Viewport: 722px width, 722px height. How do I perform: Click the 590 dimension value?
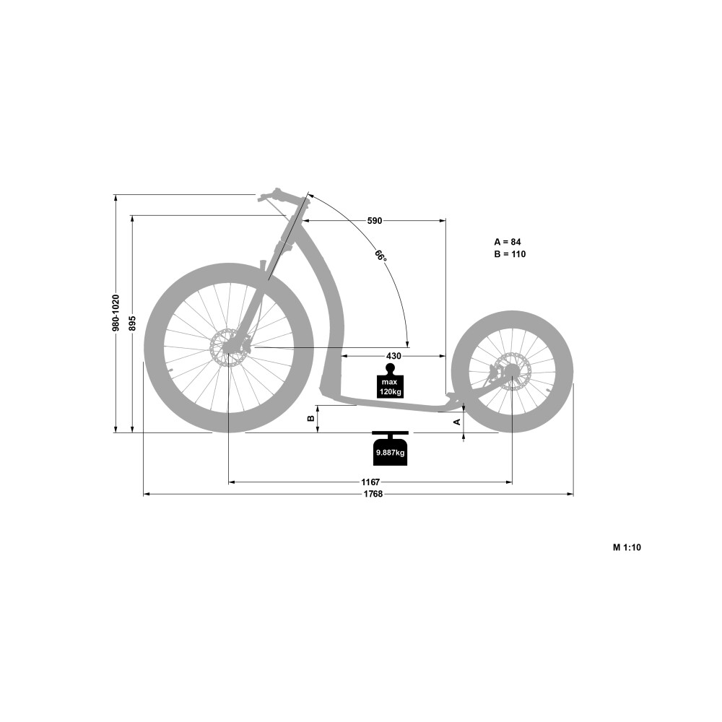point(374,221)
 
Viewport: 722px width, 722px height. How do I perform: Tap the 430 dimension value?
point(393,356)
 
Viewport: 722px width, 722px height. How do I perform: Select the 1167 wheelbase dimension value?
point(370,482)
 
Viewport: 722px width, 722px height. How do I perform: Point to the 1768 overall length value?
point(373,494)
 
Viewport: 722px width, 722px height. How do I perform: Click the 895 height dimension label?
point(133,323)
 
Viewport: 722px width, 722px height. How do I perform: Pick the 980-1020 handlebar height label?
point(116,313)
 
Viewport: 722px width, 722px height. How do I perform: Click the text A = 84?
point(508,242)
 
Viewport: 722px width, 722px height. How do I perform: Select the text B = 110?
point(510,254)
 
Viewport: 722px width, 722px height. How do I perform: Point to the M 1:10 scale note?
point(627,547)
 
